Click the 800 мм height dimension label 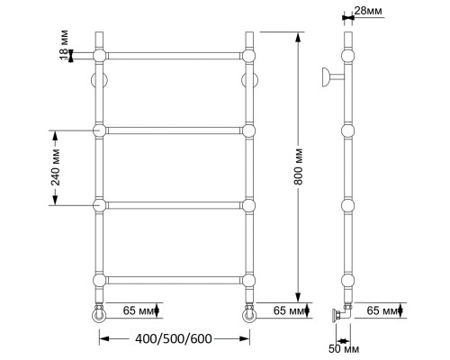pos(300,166)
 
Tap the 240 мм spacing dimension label pos(56,167)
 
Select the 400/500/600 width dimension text pos(174,338)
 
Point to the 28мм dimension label pos(368,11)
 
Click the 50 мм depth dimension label pos(344,349)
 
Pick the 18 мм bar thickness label pos(64,45)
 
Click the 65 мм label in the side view pos(383,310)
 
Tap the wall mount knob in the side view pos(333,77)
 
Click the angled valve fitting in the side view pos(342,313)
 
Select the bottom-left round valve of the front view pos(99,314)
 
